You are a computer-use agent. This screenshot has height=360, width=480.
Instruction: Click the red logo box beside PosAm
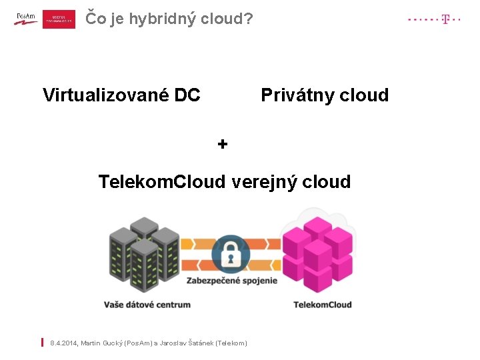pos(59,19)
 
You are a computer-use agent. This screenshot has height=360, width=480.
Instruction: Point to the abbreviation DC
pos(187,95)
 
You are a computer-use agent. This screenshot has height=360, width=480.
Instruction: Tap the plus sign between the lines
pos(223,143)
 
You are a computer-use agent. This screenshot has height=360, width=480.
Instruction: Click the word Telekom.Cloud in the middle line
pos(162,181)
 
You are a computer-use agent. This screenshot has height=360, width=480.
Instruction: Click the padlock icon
pos(231,254)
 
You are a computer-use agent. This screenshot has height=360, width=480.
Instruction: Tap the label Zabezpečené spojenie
pos(232,281)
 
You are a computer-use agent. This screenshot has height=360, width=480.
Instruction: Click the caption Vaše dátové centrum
pos(147,305)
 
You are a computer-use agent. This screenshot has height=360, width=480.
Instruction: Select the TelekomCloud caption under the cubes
pos(323,305)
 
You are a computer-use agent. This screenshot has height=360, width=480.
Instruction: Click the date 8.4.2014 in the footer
pos(68,343)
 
